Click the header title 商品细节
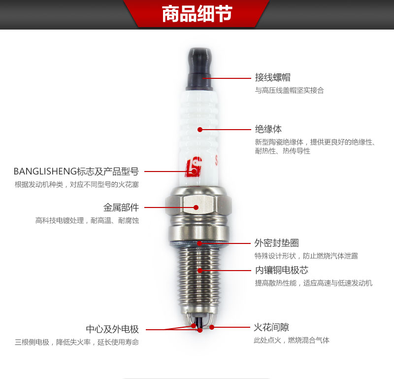coord(197,14)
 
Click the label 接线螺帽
coord(273,77)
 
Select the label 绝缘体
coord(268,129)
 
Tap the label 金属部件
coord(121,207)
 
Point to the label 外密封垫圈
coord(277,243)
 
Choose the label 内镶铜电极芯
coord(281,270)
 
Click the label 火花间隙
coord(271,327)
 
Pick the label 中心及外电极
coord(112,329)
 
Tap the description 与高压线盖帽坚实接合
coord(290,90)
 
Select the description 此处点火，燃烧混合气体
coord(292,340)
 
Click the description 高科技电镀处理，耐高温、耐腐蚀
coord(87,221)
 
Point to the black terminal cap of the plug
coord(199,69)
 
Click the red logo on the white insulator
coord(194,167)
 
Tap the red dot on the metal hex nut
coord(196,207)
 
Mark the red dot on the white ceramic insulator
coord(200,130)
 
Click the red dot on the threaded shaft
coord(200,271)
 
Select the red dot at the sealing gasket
coord(199,243)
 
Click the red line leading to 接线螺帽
coord(227,78)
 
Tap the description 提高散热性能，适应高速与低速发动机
coord(314,283)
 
